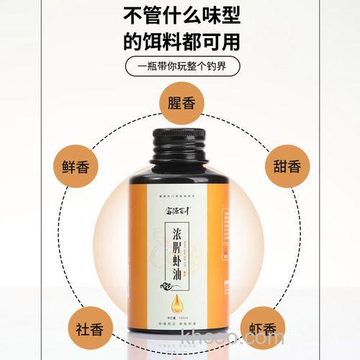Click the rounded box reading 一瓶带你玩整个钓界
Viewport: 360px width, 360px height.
point(179,66)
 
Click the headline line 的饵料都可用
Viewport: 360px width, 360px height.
point(179,40)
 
